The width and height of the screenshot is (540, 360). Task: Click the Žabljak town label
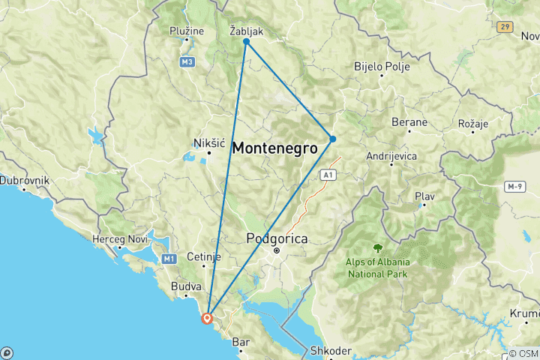click(x=246, y=31)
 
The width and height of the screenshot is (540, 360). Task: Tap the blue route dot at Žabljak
click(x=246, y=42)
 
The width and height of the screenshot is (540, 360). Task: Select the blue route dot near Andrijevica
click(x=332, y=139)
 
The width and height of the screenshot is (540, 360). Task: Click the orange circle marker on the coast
click(x=208, y=318)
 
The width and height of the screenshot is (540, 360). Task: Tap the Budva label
click(x=186, y=286)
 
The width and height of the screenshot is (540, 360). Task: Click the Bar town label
click(x=241, y=342)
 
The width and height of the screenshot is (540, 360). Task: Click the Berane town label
click(x=409, y=122)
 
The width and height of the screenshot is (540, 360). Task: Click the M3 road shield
click(x=187, y=61)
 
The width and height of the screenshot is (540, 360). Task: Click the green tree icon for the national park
click(x=376, y=247)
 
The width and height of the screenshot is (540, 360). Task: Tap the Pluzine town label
click(x=186, y=31)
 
